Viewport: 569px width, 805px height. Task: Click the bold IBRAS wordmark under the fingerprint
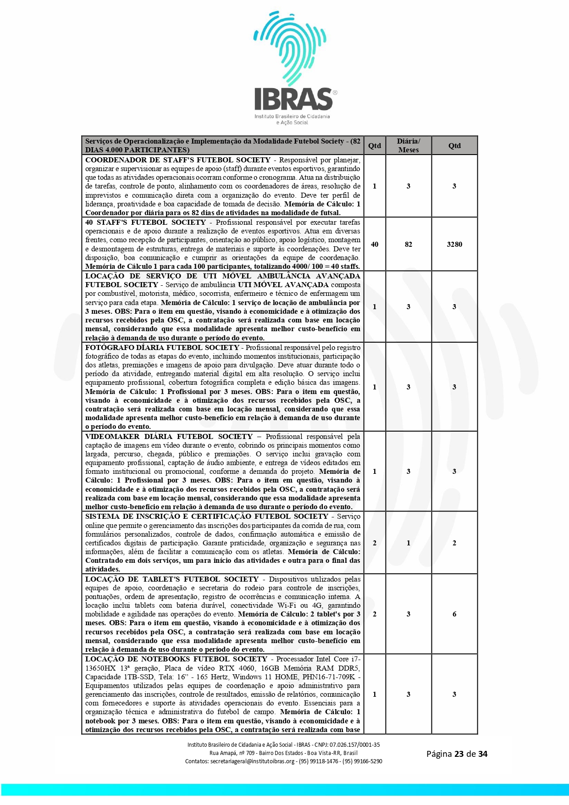tap(293, 99)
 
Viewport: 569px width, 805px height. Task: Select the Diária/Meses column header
tap(408, 145)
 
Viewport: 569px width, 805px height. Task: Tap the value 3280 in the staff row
tap(454, 244)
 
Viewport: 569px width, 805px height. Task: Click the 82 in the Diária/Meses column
tap(408, 244)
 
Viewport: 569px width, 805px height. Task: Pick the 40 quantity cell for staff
tap(375, 244)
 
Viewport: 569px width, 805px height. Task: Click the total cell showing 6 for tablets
tap(454, 614)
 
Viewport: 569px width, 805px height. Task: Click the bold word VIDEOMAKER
tap(112, 437)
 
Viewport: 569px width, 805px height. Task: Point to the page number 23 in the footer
tap(459, 754)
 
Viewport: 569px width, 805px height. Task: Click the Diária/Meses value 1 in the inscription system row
tap(408, 543)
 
